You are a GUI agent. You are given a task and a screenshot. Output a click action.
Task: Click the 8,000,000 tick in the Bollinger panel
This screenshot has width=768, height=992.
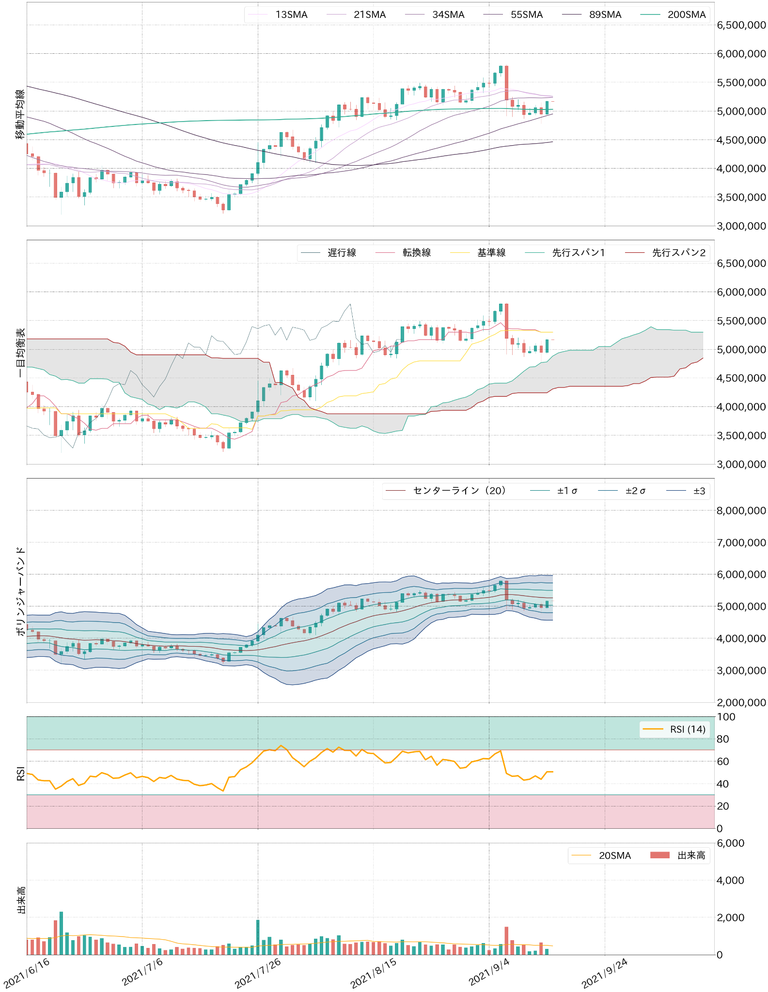tap(741, 511)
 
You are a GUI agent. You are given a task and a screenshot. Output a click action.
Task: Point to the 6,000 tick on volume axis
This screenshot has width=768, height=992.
tap(730, 843)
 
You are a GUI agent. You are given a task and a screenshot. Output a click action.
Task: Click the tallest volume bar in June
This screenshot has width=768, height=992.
tap(61, 933)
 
